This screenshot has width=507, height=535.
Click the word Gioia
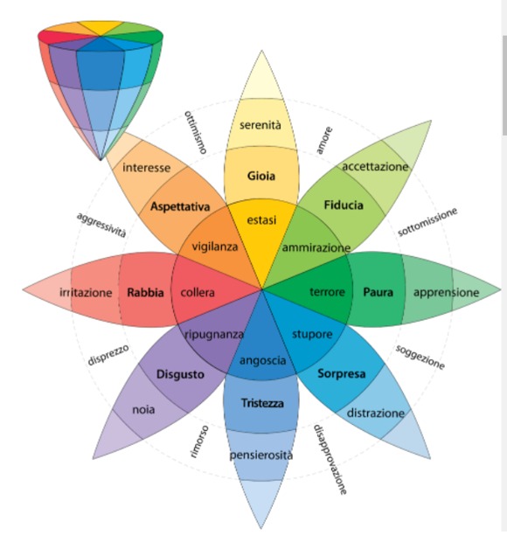point(261,176)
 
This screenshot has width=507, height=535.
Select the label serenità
point(260,125)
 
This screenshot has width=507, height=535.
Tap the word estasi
point(261,220)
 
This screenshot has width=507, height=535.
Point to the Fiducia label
point(344,205)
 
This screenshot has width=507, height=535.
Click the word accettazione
point(375,166)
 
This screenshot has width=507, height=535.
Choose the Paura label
point(378,292)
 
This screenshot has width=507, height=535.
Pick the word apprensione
point(447,293)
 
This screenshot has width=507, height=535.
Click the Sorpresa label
point(342,374)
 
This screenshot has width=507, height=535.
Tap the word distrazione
point(376,413)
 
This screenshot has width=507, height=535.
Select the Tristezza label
point(262,403)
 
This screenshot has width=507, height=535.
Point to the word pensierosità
point(261,455)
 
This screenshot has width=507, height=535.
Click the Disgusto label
point(180,375)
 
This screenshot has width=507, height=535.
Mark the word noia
point(143,409)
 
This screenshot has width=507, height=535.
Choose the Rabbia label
point(145,292)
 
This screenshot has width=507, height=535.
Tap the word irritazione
point(86,292)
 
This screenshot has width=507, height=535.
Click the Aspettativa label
point(180,207)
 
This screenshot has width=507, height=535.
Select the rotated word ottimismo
point(196,132)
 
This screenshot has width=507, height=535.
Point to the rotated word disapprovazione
point(330,459)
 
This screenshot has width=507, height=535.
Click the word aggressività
point(101,225)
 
